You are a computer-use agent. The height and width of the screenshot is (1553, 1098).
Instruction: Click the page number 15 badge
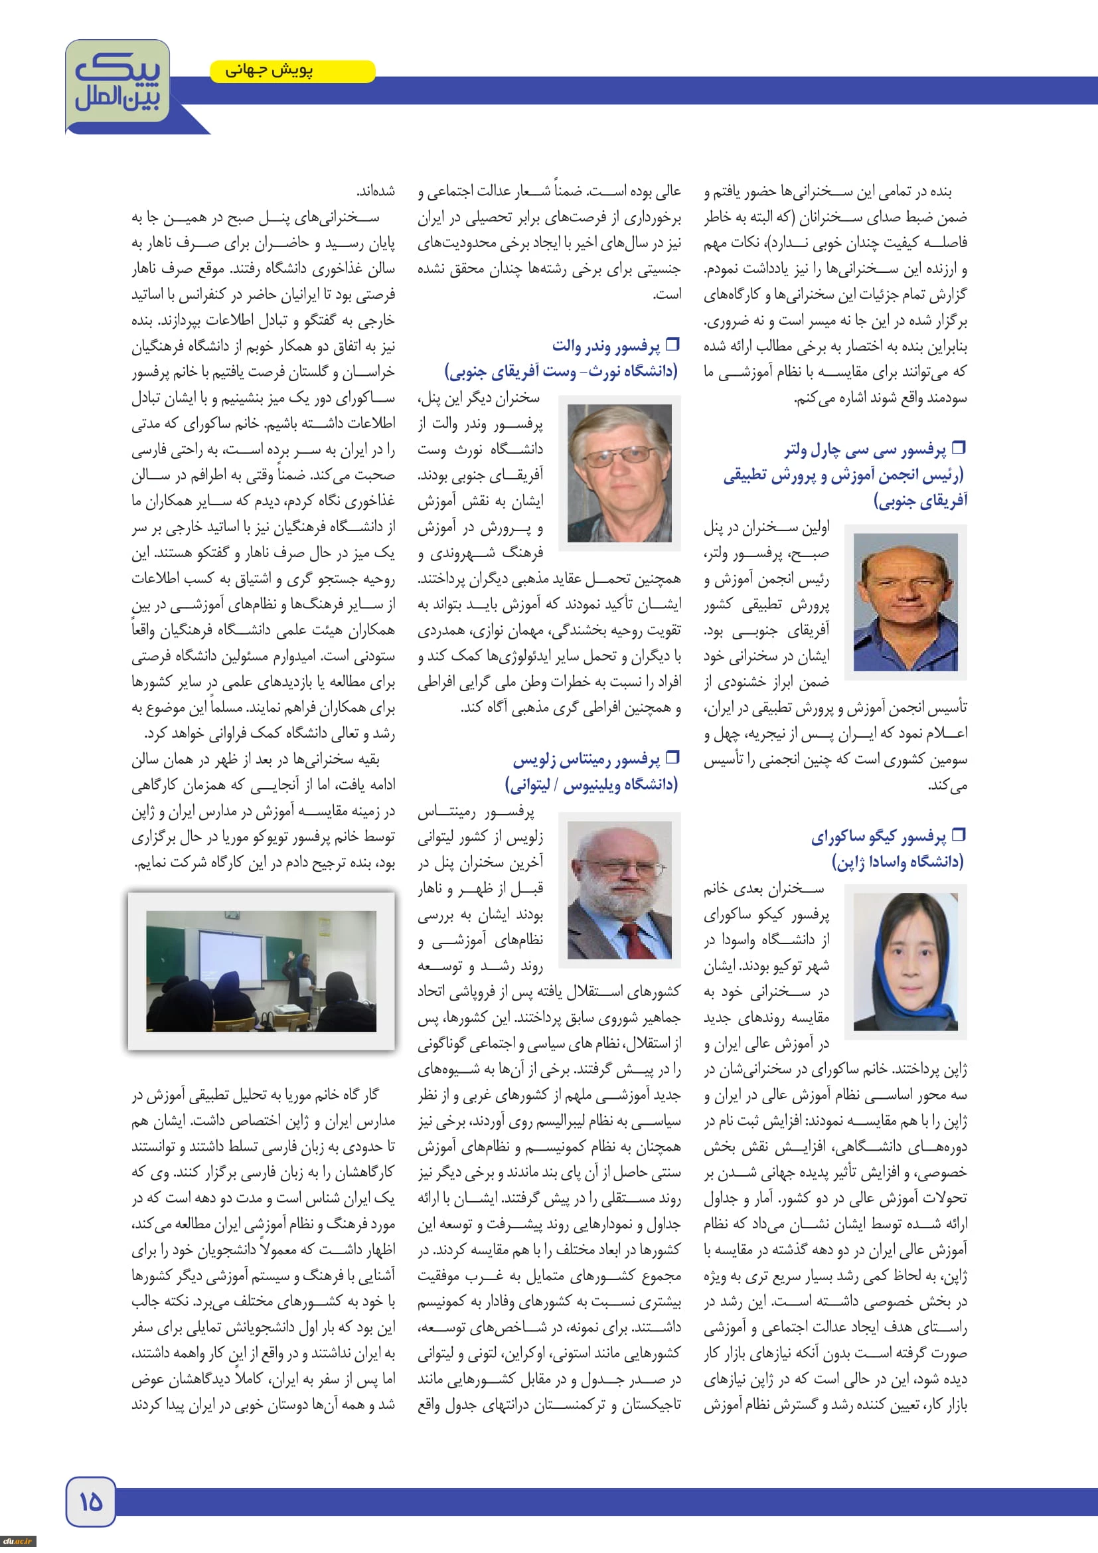[x=90, y=1502]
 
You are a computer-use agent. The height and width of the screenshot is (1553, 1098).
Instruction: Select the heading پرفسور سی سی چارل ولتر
[x=865, y=450]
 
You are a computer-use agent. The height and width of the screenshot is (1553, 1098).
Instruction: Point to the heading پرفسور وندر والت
[x=606, y=347]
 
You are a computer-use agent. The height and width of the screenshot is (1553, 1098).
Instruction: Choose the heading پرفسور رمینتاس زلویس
[x=586, y=760]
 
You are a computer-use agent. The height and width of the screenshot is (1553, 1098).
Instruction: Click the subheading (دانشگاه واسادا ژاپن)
[x=898, y=862]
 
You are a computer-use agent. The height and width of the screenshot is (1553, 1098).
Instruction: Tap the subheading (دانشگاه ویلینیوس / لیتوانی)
[x=591, y=785]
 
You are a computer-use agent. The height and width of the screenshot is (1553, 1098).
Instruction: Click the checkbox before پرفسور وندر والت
[x=672, y=345]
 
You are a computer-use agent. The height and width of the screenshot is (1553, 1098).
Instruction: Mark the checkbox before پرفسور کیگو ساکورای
[x=958, y=835]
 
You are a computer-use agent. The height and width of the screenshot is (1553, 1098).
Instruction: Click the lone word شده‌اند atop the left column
[x=376, y=191]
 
